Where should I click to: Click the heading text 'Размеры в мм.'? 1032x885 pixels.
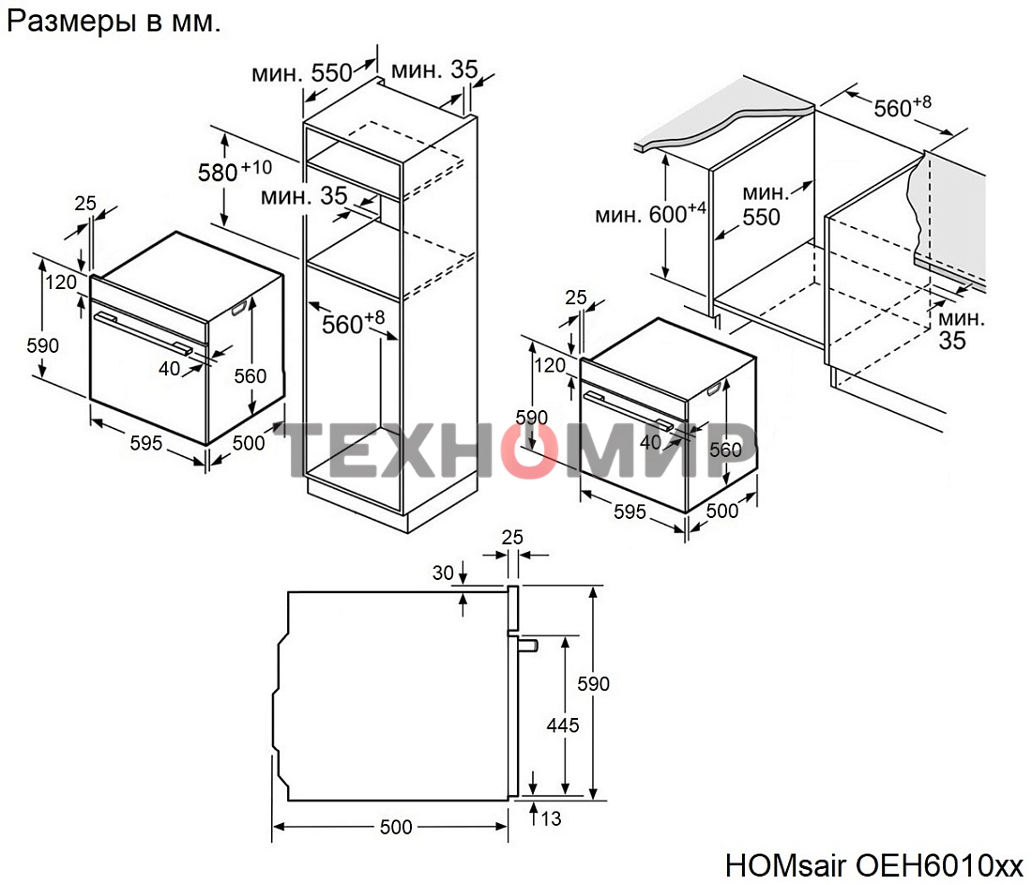(114, 23)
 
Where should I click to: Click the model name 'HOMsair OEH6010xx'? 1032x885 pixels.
(873, 864)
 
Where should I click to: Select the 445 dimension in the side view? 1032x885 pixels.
(563, 725)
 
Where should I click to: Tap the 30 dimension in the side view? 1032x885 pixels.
(442, 571)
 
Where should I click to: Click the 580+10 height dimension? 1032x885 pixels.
(234, 172)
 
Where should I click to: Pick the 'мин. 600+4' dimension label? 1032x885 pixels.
(649, 215)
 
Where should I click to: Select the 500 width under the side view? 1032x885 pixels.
(396, 827)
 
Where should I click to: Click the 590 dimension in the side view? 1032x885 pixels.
(593, 683)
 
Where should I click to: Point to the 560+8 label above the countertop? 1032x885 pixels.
(902, 108)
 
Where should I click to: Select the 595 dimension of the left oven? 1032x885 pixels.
(145, 443)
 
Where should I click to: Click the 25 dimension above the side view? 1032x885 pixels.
(512, 537)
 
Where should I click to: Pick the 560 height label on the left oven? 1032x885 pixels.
(250, 376)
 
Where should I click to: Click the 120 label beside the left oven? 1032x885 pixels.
(61, 282)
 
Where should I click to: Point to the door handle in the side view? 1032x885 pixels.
(528, 645)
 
